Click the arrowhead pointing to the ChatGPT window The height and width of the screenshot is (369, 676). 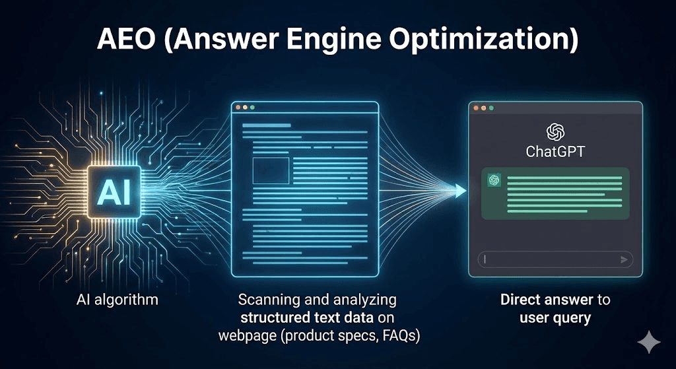459,191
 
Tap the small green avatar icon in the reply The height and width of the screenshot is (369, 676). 492,180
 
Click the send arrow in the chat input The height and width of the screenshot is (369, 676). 623,259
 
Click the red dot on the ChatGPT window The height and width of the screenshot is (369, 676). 475,108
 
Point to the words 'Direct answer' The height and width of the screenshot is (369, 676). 537,300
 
